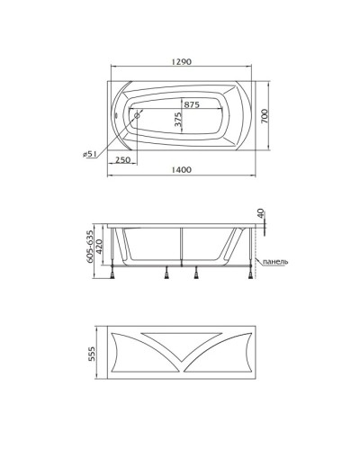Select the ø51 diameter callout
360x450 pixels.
(x=89, y=154)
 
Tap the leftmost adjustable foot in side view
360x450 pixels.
(x=113, y=275)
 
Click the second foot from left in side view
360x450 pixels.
(x=166, y=275)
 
